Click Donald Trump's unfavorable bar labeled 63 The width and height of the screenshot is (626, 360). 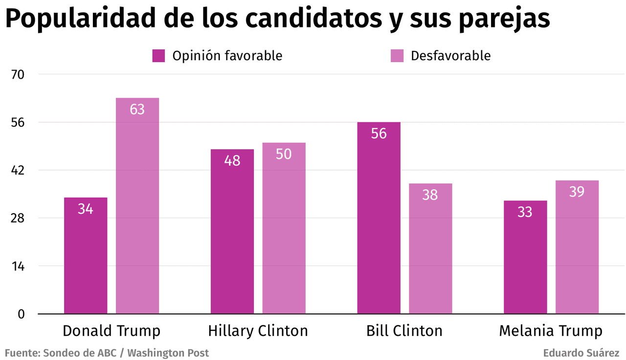(x=137, y=205)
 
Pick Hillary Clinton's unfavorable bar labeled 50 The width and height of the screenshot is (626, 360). (x=284, y=228)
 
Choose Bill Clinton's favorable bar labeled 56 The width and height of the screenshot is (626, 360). (x=379, y=218)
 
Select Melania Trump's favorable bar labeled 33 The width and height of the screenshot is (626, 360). (x=525, y=257)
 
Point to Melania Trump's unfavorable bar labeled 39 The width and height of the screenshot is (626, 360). (x=577, y=247)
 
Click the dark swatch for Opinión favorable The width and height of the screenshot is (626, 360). (x=159, y=56)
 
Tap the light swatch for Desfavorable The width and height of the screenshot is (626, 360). (x=397, y=56)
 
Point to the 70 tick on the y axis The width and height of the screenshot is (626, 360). (x=18, y=74)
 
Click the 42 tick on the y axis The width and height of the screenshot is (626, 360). (x=18, y=170)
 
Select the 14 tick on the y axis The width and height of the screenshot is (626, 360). (x=18, y=266)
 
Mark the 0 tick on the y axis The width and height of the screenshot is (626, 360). (x=21, y=314)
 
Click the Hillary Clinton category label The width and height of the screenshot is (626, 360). (x=258, y=331)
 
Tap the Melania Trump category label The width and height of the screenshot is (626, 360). (x=551, y=331)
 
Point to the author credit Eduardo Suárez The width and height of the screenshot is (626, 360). (x=581, y=353)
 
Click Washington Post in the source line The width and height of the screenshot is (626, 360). (x=168, y=353)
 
